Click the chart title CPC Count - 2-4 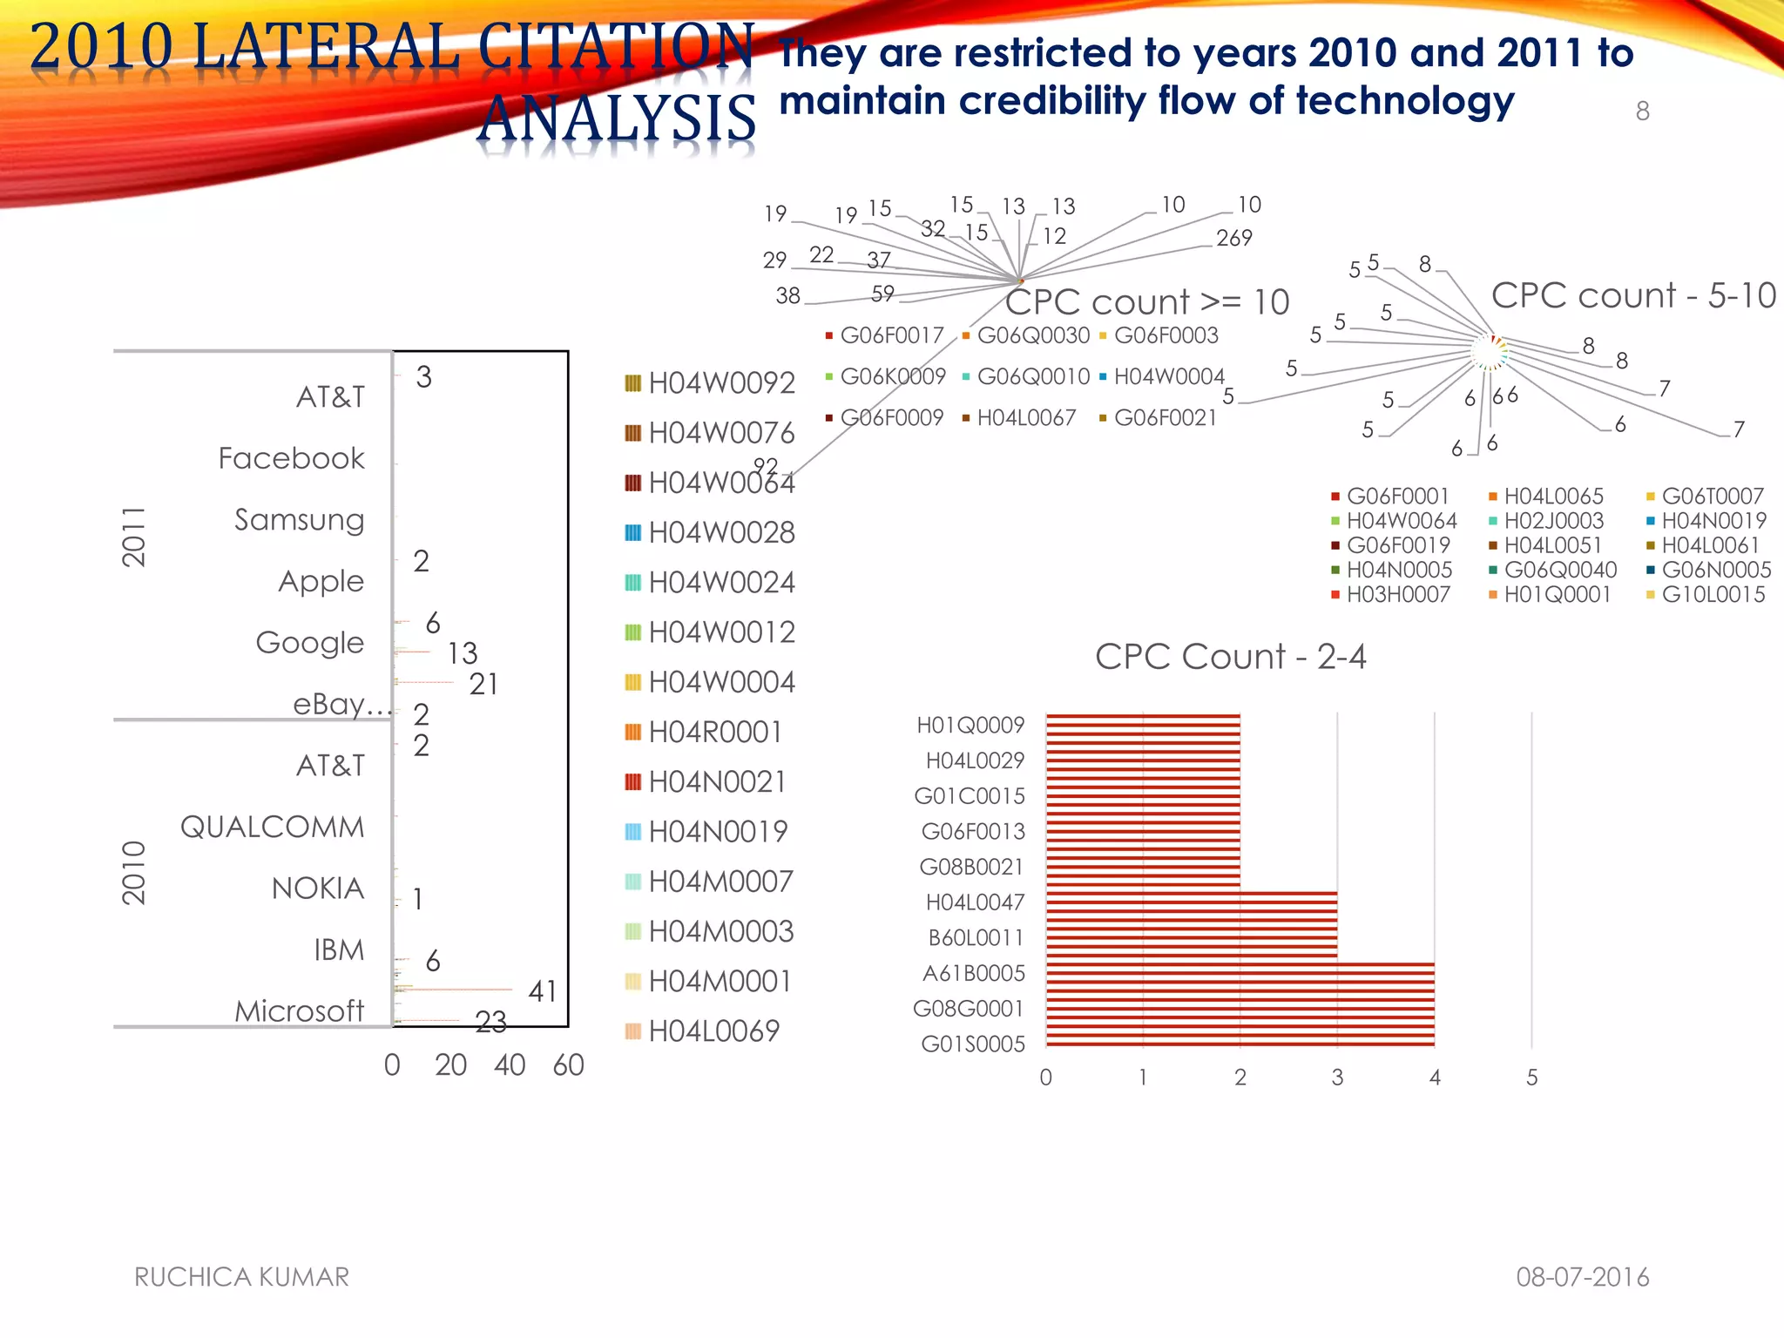[1230, 657]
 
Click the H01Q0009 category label [970, 725]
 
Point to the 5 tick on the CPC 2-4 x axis [1531, 1078]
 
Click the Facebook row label [291, 458]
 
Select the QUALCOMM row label [272, 827]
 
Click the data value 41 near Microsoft [542, 991]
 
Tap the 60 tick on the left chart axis [568, 1064]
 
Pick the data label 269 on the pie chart [1233, 238]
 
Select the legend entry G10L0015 [1713, 595]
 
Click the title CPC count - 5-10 [1633, 295]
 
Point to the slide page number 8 [1642, 111]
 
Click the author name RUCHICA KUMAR [241, 1277]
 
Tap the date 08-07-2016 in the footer [1582, 1277]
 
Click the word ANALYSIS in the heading [617, 118]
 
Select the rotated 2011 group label [133, 537]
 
